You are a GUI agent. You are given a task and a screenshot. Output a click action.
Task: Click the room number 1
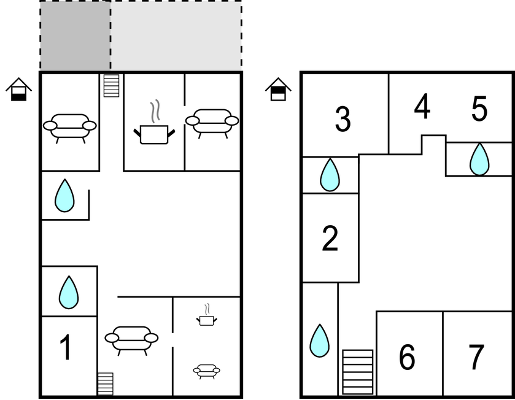click(66, 347)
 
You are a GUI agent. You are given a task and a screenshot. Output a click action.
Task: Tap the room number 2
click(330, 238)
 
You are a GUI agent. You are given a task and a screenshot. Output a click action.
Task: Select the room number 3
click(343, 119)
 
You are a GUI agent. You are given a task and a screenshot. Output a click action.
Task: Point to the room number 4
click(422, 106)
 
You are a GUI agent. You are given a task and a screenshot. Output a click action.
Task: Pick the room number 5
click(479, 109)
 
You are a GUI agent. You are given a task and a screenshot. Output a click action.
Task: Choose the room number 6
click(407, 357)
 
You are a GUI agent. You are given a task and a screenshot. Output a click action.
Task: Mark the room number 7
click(477, 357)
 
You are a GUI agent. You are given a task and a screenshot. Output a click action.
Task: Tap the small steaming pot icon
click(207, 315)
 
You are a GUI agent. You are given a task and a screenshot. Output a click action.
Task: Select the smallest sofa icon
click(207, 371)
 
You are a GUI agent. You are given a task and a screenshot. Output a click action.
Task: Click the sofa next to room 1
click(131, 340)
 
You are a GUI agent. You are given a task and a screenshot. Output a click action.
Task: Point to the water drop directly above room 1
click(69, 293)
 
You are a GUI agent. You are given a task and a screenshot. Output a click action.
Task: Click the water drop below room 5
click(479, 160)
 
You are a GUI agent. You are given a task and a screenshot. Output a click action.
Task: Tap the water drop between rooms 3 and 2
click(330, 175)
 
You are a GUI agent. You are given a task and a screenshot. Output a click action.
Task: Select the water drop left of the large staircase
click(319, 340)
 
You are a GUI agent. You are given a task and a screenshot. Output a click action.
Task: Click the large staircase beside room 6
click(358, 372)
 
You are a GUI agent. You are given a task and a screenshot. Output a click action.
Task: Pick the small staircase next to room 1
click(106, 383)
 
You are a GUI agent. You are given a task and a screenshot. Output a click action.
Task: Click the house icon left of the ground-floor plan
click(18, 89)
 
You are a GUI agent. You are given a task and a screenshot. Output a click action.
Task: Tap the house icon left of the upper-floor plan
click(278, 89)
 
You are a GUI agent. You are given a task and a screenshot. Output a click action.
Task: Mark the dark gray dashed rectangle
click(76, 35)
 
